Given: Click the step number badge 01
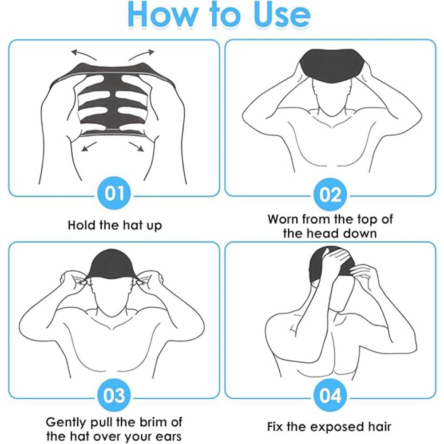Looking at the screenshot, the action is click(x=115, y=194).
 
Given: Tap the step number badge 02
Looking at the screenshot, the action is click(x=330, y=195).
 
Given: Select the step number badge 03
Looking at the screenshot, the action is click(x=115, y=396).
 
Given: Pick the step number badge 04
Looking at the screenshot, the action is click(x=330, y=396).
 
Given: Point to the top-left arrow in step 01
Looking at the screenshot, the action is click(x=84, y=54).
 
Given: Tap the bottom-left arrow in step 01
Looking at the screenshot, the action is click(x=89, y=147).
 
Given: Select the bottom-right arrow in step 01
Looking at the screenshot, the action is click(x=136, y=147).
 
